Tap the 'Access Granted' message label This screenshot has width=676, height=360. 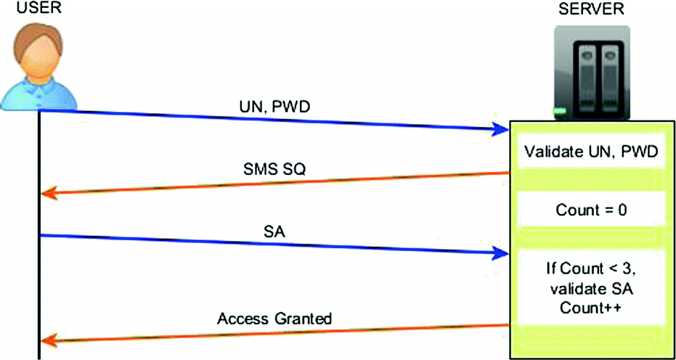click(x=274, y=318)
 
